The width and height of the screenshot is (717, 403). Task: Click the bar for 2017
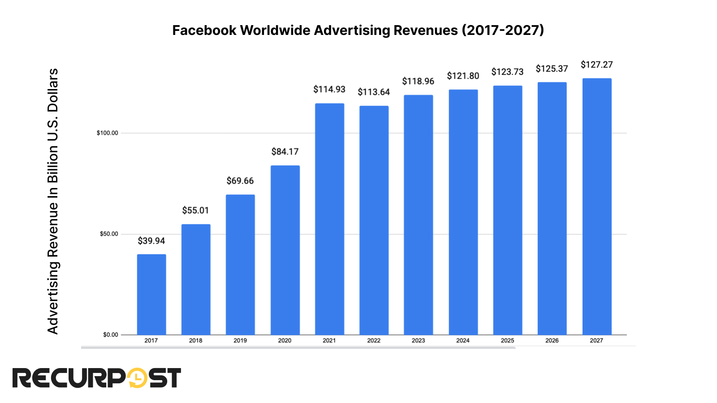[151, 294]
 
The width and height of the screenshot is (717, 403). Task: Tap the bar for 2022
[374, 220]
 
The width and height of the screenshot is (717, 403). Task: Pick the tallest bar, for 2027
[596, 206]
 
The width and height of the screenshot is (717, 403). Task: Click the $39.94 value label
[151, 241]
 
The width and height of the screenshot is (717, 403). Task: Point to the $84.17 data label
[285, 152]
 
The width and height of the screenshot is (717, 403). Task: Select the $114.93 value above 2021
[329, 90]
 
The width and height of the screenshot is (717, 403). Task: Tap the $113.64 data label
[374, 92]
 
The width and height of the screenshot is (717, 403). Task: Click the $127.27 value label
[596, 65]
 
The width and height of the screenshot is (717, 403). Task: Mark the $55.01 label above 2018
[195, 210]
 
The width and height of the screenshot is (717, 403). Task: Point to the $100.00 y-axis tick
[108, 133]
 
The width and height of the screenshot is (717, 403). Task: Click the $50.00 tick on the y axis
[109, 234]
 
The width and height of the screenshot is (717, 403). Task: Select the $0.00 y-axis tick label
[110, 334]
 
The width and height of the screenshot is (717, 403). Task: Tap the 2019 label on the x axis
[240, 341]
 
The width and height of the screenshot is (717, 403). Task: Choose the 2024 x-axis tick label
[463, 341]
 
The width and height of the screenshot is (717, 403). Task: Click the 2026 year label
[552, 341]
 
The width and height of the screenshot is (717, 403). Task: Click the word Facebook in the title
[204, 30]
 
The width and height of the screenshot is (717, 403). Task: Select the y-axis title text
[53, 201]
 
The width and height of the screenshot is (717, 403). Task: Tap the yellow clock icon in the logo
[138, 378]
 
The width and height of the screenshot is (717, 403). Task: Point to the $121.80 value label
[463, 76]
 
